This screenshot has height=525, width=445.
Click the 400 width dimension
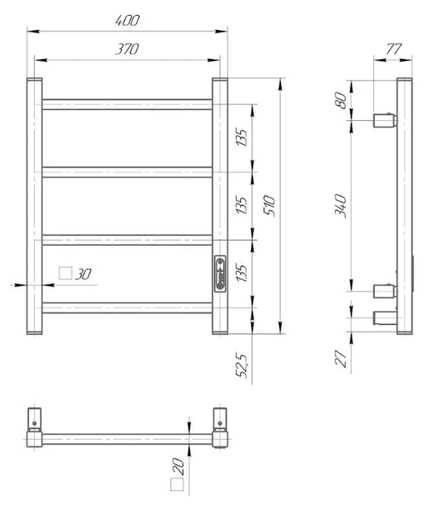[127, 21]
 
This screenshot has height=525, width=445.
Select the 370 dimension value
[127, 49]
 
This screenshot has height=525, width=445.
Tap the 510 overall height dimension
[269, 205]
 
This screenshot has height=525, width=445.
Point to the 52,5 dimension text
[242, 366]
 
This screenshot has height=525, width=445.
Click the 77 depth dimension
[393, 49]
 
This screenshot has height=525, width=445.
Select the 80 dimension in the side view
[341, 100]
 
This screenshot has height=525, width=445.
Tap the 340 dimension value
[341, 206]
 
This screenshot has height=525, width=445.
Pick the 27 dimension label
[341, 358]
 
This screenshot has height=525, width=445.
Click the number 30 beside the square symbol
[82, 274]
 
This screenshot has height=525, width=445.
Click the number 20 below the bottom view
[179, 467]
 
